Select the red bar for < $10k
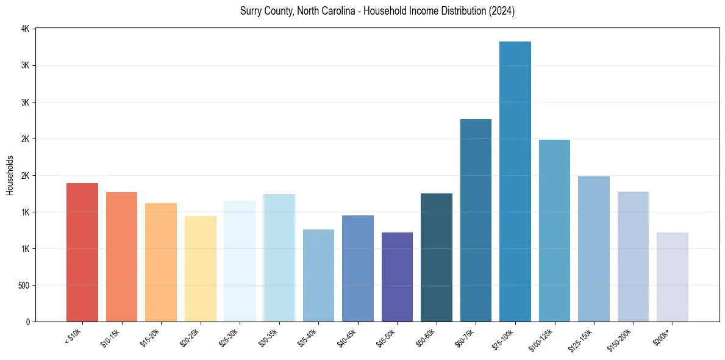(x=82, y=252)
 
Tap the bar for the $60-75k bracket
(x=476, y=220)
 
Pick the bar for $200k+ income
(x=673, y=277)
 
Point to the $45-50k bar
(x=397, y=277)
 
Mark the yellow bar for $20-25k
(x=201, y=268)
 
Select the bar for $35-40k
(x=318, y=275)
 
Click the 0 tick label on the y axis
(x=27, y=322)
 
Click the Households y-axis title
(x=10, y=175)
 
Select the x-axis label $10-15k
(x=110, y=336)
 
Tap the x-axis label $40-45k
(x=346, y=336)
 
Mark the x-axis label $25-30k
(x=228, y=336)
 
